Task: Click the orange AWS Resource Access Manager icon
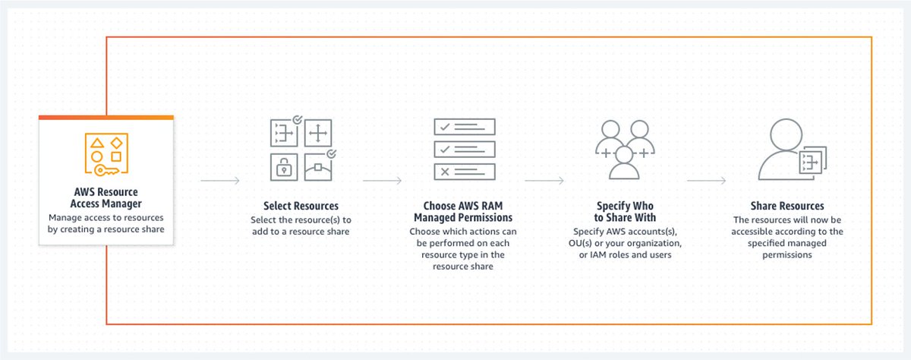tap(106, 154)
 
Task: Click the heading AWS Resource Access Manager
tap(106, 197)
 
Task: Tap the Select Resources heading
tap(301, 206)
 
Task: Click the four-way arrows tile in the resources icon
tap(317, 134)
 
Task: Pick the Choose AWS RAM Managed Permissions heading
tap(463, 211)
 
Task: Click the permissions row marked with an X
tap(464, 170)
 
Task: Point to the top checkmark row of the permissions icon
tap(464, 127)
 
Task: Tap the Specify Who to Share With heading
tap(625, 211)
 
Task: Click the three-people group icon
tap(624, 148)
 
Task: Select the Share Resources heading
tap(786, 206)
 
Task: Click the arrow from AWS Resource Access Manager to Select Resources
tap(220, 181)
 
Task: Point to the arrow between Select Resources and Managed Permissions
tap(383, 181)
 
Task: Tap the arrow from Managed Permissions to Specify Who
tap(544, 181)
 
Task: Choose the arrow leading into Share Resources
tap(706, 181)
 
